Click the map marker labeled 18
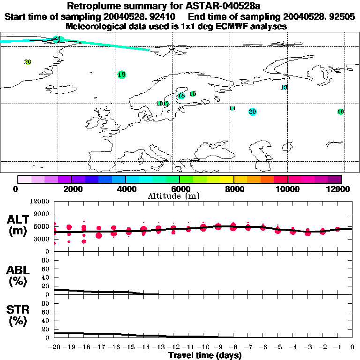click(x=181, y=96)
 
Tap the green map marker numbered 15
click(x=193, y=94)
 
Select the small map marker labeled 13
click(x=284, y=88)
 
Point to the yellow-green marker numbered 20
click(x=28, y=62)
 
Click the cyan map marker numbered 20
click(x=253, y=112)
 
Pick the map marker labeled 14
click(x=232, y=108)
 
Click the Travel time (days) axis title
click(x=205, y=356)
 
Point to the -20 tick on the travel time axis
click(x=54, y=347)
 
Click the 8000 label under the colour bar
click(x=233, y=189)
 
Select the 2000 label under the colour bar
click(x=71, y=189)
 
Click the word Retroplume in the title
click(x=92, y=7)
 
